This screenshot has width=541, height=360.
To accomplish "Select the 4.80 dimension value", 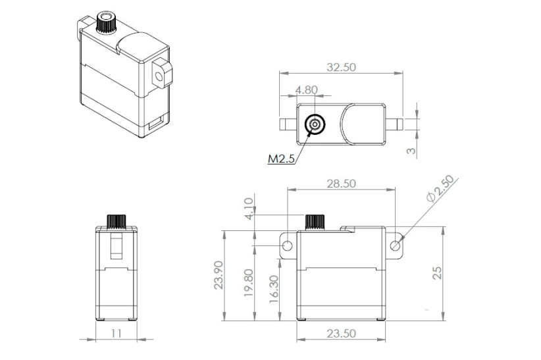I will [307, 90].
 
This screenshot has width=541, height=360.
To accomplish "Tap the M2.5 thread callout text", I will [281, 159].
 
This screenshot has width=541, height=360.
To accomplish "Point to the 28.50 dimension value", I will [341, 184].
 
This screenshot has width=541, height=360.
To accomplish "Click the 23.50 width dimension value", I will [340, 334].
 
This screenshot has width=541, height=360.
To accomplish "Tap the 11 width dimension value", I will [116, 334].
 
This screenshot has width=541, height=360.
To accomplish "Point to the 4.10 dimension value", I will [249, 209].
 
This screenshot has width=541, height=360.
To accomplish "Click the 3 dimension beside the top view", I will [411, 151].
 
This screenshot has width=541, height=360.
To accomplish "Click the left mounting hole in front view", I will [287, 246].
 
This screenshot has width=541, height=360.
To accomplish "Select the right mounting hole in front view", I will [395, 246].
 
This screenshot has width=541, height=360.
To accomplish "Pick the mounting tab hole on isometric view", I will [159, 75].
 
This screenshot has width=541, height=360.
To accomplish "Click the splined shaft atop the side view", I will [116, 220].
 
